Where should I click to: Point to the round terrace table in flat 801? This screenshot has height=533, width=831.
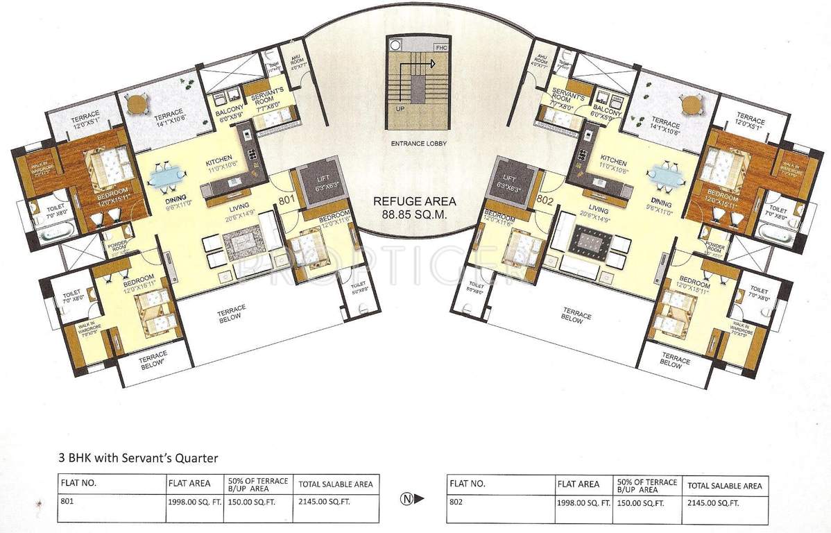pyautogui.click(x=137, y=105)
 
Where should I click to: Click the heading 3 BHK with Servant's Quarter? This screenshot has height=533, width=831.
pyautogui.click(x=138, y=457)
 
